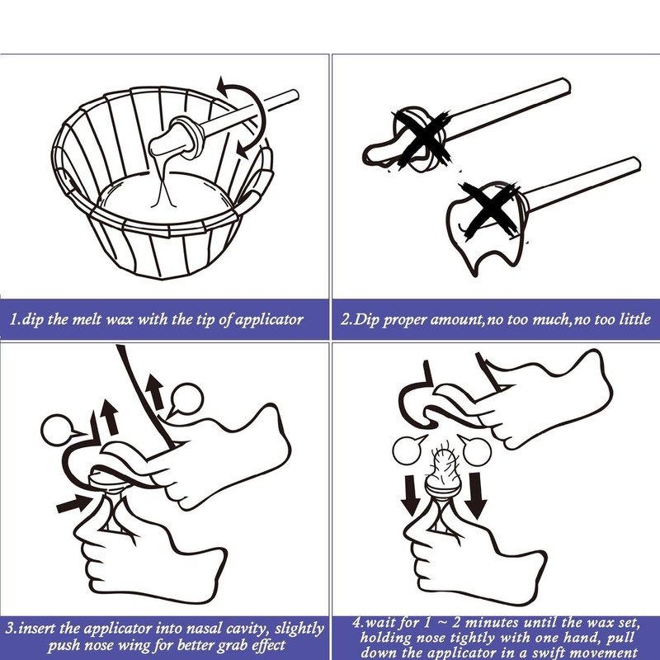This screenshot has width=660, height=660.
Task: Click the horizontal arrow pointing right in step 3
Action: (73, 502)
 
